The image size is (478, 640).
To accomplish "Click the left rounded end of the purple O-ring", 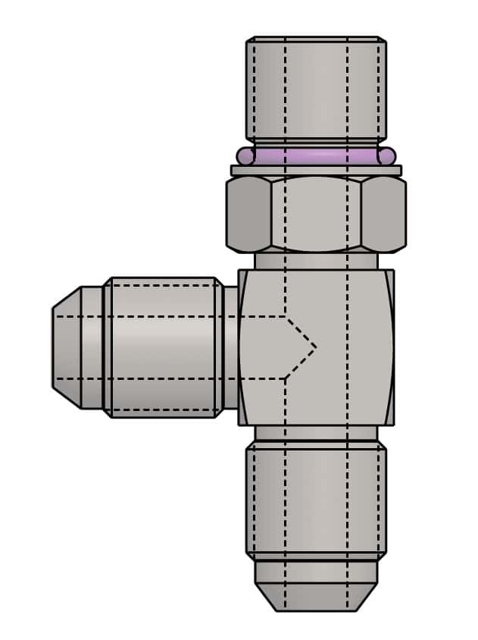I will pos(245,156).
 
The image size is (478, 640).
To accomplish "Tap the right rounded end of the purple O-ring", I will pos(387,156).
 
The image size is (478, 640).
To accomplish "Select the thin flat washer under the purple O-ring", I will pos(316,171).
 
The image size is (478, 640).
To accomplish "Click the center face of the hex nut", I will pos(316,214).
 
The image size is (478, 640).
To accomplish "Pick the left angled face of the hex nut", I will pos(248,214).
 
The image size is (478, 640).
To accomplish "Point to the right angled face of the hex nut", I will pos(383,214).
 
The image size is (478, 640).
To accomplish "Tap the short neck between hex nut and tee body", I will pos(316,261).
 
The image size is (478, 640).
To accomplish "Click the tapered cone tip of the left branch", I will pos(67,347).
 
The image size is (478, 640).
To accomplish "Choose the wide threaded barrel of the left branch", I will pos(163,347).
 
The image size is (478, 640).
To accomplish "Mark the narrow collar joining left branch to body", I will pos(230,347).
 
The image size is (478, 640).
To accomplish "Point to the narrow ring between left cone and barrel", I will pos(92,347).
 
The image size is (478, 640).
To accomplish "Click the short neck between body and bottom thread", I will pos(316,434).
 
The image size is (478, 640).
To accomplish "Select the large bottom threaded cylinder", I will pos(316,500).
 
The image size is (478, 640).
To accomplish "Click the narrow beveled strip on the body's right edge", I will pos(389,347).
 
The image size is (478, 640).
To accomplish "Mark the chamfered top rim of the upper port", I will pos(316,39).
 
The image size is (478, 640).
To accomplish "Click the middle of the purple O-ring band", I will pos(316,156).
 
